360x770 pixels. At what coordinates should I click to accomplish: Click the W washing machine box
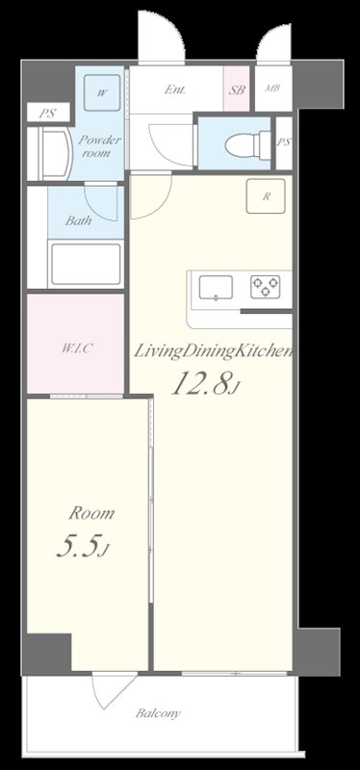click(102, 93)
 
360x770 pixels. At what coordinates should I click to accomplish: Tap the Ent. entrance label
click(174, 90)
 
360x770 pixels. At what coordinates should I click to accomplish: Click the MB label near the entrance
click(273, 91)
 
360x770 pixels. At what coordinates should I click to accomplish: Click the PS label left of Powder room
click(45, 114)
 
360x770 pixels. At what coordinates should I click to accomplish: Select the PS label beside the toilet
click(283, 142)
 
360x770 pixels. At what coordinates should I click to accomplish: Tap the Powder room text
click(101, 146)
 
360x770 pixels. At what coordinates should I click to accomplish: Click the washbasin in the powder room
click(50, 152)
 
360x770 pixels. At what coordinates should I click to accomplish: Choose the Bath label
click(78, 220)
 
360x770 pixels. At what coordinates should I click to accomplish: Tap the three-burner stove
click(266, 286)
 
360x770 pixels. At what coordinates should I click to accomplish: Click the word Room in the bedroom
click(90, 513)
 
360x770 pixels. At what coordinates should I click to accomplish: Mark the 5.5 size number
click(81, 548)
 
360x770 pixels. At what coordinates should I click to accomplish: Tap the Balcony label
click(157, 714)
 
